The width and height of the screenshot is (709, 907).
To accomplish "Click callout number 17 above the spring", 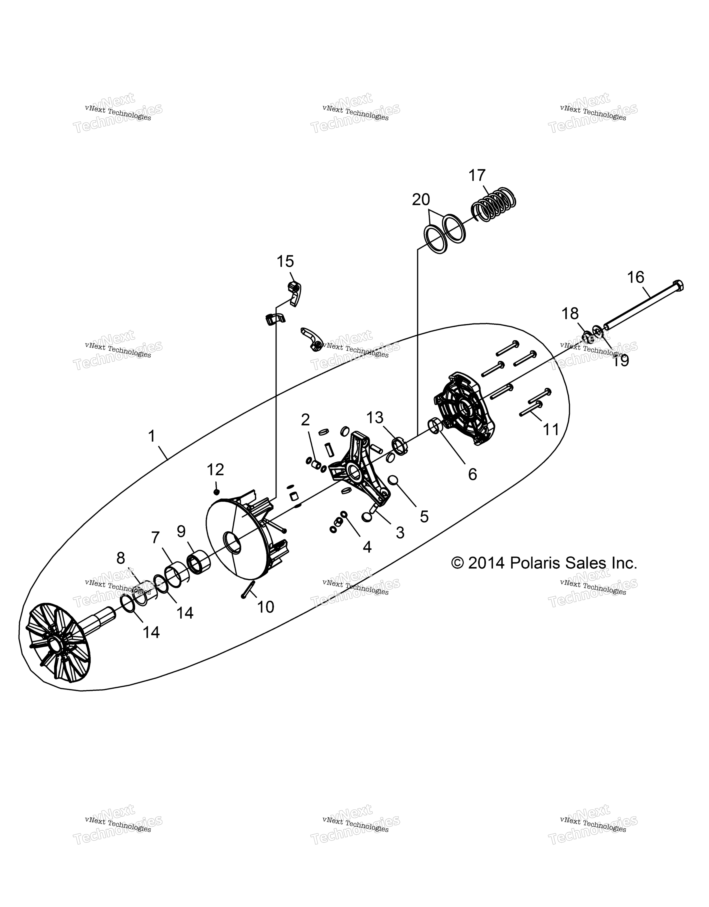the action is coord(477,176).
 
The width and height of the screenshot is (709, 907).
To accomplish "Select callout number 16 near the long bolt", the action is coord(635,277).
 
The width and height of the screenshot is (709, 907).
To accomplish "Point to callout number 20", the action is coord(421,200).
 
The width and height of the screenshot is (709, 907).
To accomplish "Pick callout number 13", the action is coord(375,418).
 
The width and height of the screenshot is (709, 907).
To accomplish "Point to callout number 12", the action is coord(216,470).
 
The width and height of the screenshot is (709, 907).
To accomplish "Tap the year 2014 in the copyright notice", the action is coord(486,563).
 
